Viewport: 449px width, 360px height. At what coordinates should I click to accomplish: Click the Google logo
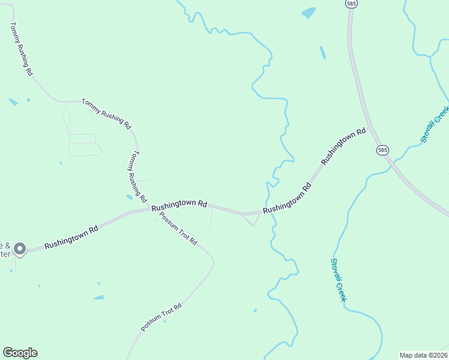(x=20, y=353)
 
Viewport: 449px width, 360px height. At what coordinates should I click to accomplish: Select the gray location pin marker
(x=19, y=248)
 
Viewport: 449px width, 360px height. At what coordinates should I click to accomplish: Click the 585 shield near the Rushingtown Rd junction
(x=382, y=149)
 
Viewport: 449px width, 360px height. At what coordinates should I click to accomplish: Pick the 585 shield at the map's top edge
(x=351, y=4)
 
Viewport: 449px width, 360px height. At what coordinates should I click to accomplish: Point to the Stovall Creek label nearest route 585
(x=434, y=124)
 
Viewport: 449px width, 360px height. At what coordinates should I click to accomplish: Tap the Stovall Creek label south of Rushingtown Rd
(x=339, y=280)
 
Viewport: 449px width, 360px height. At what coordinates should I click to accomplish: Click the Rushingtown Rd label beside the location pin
(x=71, y=236)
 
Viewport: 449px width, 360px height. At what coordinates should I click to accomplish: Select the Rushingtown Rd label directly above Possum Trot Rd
(x=179, y=205)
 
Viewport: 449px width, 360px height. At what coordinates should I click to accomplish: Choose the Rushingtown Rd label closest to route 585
(x=343, y=146)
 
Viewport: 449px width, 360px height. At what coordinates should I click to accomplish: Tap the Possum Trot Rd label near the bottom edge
(x=161, y=317)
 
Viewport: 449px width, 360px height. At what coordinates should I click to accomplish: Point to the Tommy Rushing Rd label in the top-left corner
(x=21, y=49)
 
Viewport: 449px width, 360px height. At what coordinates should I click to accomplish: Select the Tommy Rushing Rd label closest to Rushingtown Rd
(x=137, y=176)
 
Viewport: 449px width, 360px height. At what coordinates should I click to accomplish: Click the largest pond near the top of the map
(x=309, y=13)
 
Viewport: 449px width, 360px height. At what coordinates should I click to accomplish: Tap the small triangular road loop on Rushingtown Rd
(x=252, y=219)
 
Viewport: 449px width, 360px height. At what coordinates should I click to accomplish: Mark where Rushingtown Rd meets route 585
(x=373, y=127)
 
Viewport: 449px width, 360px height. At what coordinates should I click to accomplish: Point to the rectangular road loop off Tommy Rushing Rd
(x=83, y=145)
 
